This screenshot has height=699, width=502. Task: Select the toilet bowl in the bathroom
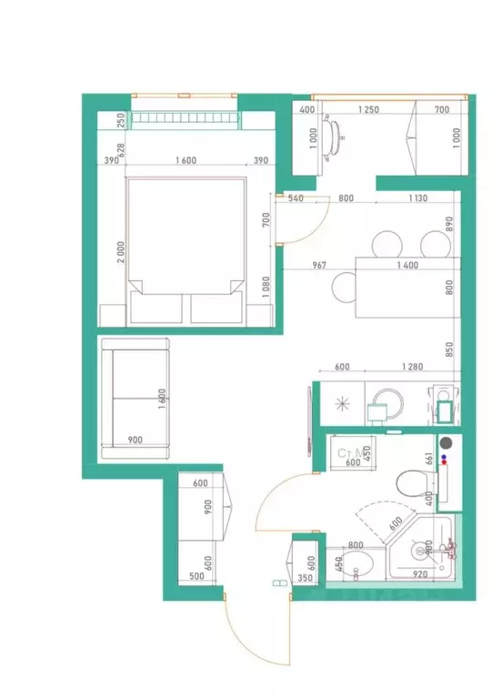411,482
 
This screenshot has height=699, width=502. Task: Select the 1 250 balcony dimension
367,110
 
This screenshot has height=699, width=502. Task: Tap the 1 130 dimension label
417,198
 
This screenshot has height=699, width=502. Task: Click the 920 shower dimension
420,575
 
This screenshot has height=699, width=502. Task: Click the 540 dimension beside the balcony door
296,198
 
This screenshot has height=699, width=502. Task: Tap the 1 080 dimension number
266,288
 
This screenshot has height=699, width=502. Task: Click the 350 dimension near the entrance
305,576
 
